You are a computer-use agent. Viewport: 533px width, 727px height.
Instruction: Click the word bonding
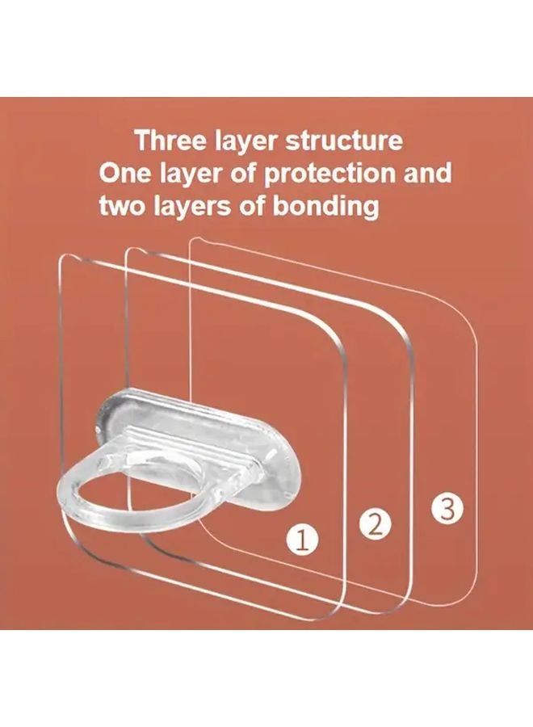click(x=331, y=206)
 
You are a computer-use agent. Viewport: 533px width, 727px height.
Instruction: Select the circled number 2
click(x=373, y=525)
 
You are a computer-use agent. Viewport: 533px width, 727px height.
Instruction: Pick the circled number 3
click(x=447, y=508)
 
